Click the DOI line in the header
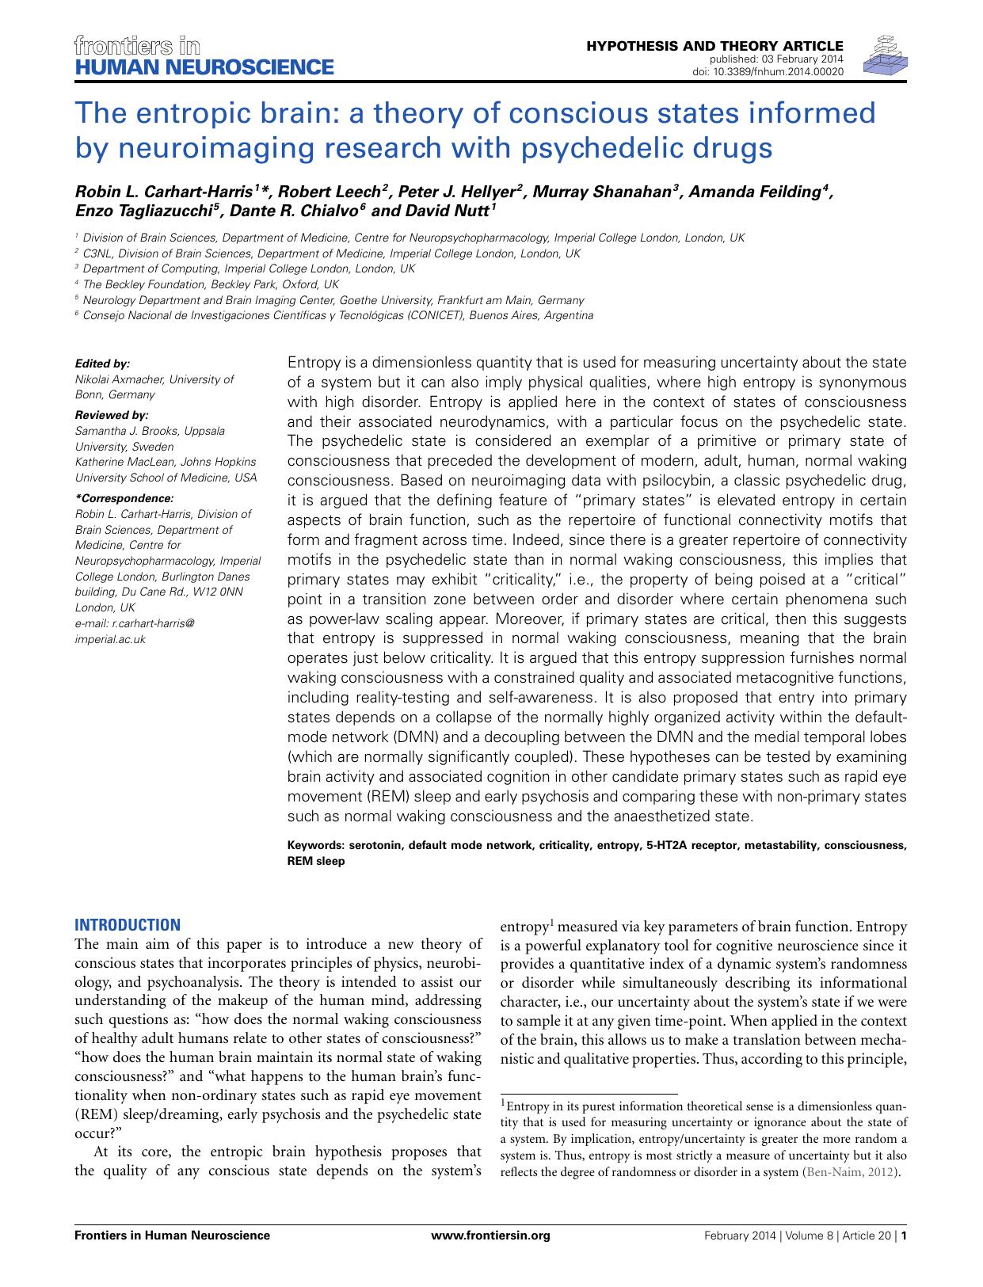pos(768,71)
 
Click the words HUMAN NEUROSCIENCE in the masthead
pos(204,67)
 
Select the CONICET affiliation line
pos(337,315)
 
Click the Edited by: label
pos(101,364)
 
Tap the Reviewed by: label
pos(111,415)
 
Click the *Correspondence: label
pos(123,498)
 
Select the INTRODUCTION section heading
pos(127,924)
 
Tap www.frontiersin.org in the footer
pos(490,1236)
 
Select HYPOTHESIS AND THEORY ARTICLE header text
pos(714,46)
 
